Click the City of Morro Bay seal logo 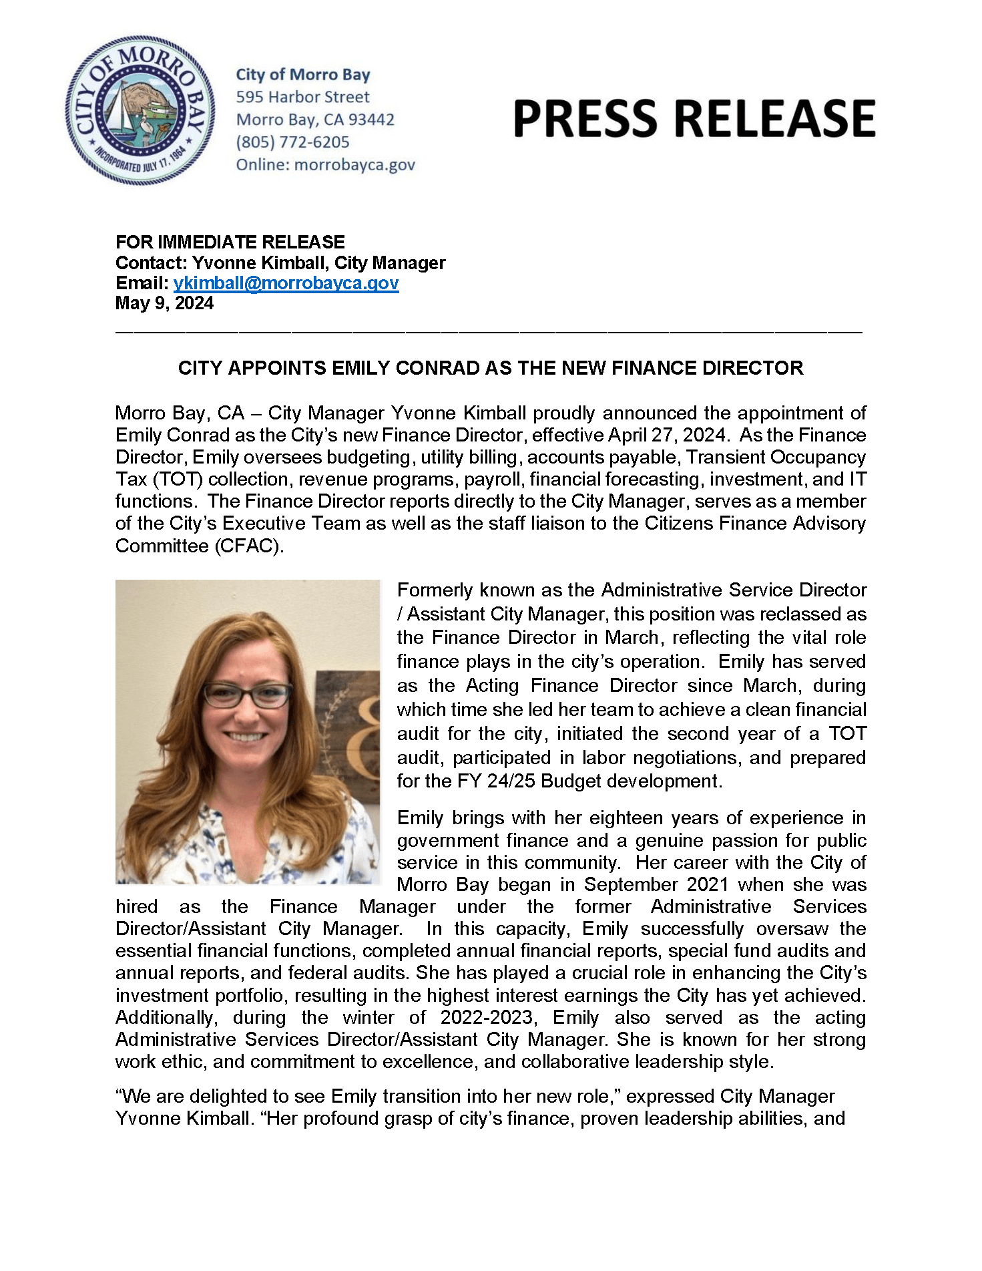click(x=140, y=110)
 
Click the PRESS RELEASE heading click(x=694, y=119)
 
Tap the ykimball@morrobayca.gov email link click(x=286, y=283)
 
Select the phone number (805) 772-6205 click(x=292, y=142)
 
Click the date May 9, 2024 click(x=164, y=303)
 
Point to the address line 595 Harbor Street click(x=302, y=97)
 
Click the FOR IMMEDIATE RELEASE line click(x=230, y=242)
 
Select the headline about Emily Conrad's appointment click(x=490, y=368)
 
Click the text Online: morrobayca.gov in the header click(x=325, y=165)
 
